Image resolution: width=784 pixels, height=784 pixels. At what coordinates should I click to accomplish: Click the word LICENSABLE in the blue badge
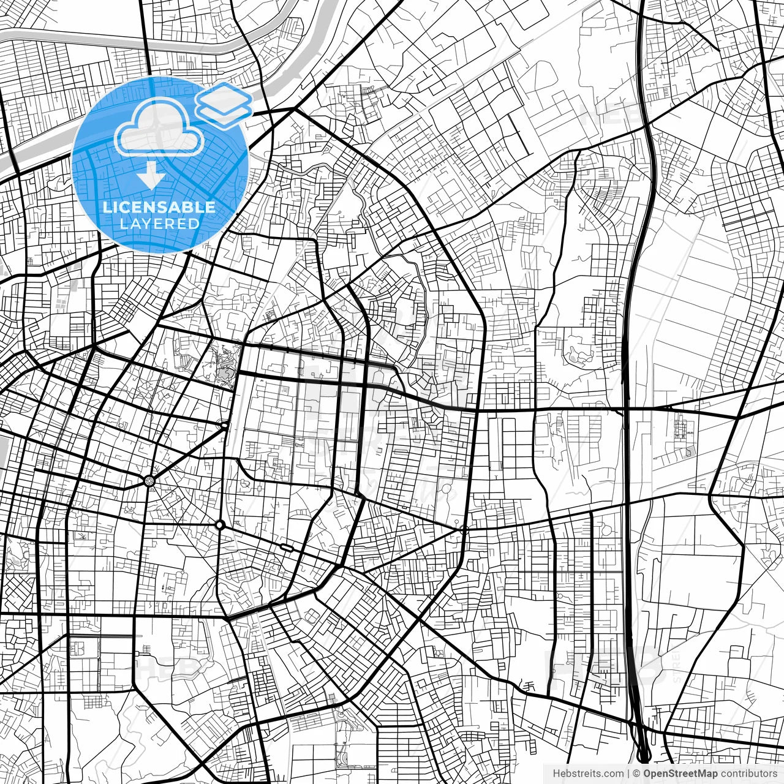pos(159,207)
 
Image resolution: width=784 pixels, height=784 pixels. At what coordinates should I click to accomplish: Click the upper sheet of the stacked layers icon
pos(224,96)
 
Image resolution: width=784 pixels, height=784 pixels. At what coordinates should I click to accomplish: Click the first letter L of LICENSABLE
pos(106,207)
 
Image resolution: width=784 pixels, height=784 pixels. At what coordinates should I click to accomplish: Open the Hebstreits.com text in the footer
pos(588,774)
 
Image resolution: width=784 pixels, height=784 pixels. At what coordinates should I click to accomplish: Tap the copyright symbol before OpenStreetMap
pos(636,774)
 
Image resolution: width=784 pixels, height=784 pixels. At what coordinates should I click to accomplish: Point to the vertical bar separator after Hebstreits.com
pos(628,774)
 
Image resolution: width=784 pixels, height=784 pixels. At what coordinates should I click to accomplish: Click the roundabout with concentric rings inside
pos(149,481)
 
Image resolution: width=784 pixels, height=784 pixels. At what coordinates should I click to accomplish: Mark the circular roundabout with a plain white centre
pos(219,525)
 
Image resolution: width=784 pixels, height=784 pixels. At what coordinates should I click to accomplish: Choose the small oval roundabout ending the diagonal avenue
pos(225,424)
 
